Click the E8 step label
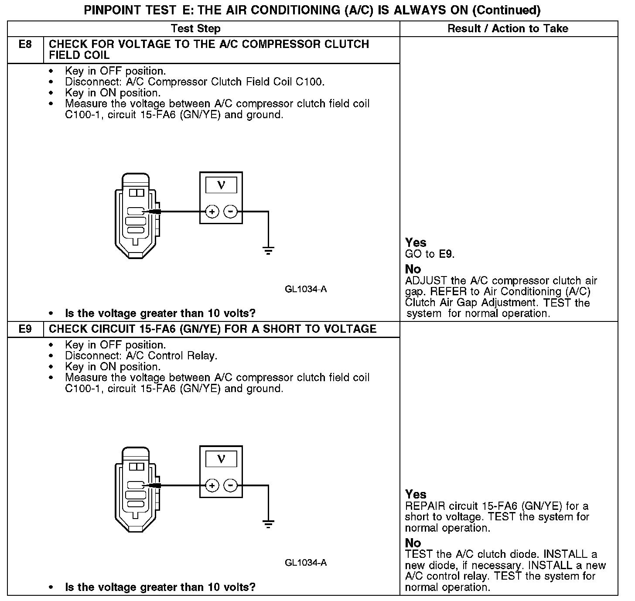point(25,44)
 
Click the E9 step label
point(25,329)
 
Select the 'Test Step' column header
point(195,29)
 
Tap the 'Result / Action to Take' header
point(508,29)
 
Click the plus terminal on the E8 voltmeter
point(212,212)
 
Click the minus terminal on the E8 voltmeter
point(230,212)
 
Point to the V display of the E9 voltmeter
point(221,459)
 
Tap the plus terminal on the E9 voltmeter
point(212,485)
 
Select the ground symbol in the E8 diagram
point(268,251)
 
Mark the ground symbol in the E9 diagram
point(268,524)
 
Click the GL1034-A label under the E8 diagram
point(306,289)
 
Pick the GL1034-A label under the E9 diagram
point(306,563)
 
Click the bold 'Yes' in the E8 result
point(416,242)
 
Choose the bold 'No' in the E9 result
point(413,543)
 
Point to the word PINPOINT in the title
point(113,10)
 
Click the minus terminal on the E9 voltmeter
point(230,485)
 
